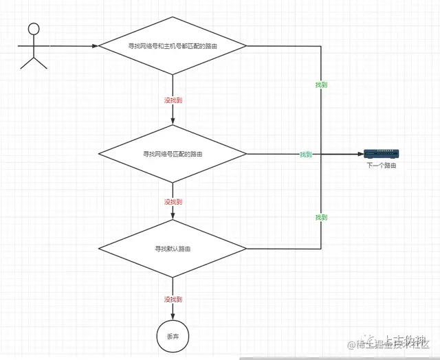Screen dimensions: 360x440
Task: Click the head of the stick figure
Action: (34, 29)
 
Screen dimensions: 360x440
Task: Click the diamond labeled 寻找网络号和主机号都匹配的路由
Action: (173, 46)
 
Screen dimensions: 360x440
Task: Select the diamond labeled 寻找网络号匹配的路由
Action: (173, 154)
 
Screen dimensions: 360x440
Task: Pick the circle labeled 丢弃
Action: (173, 336)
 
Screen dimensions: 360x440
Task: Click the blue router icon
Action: (382, 154)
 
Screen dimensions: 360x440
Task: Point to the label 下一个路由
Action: (382, 166)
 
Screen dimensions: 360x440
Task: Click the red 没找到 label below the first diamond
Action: (173, 100)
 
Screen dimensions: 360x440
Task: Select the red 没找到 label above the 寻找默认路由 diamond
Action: (173, 202)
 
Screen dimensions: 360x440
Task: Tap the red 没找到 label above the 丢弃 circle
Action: (173, 300)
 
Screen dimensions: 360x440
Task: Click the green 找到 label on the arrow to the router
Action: (306, 155)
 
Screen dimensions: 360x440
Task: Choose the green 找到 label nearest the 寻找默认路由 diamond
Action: (321, 217)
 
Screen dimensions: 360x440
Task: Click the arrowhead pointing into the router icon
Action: (360, 154)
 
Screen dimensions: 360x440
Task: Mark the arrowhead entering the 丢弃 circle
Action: (173, 317)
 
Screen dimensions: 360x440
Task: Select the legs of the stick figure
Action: (34, 63)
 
